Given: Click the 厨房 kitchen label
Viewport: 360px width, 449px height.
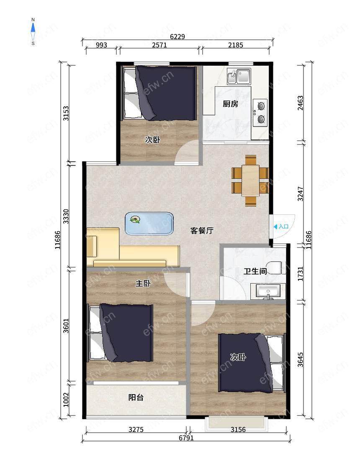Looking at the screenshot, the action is [230, 103].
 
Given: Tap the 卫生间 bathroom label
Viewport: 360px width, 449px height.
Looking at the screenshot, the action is [255, 271].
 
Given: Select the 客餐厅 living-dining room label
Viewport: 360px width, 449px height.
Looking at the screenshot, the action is [202, 230].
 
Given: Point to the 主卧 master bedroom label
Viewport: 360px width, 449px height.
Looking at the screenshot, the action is [143, 284].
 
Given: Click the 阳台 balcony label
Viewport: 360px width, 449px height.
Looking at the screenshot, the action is [136, 397].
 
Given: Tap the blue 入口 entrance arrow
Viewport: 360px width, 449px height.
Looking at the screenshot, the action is [275, 227].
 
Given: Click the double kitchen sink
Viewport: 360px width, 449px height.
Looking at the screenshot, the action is [239, 76].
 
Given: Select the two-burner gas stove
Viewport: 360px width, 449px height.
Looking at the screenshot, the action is [260, 113].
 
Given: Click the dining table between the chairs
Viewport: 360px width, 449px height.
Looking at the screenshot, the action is [250, 181].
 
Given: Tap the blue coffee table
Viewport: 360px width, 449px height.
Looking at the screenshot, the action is [149, 224].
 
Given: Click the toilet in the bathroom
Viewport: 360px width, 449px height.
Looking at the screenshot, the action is [275, 268].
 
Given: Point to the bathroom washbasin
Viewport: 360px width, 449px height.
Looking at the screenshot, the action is [268, 292].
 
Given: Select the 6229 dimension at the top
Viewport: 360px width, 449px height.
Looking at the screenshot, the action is [177, 36].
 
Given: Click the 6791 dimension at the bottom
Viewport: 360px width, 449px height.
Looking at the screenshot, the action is [186, 438].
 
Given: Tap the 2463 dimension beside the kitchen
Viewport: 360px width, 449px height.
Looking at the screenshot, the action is [300, 103].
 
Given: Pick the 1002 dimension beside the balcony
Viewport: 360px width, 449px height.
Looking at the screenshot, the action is [66, 400].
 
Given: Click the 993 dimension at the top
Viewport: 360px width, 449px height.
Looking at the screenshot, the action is [101, 45].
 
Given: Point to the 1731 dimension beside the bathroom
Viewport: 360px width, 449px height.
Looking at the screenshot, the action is [300, 274].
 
